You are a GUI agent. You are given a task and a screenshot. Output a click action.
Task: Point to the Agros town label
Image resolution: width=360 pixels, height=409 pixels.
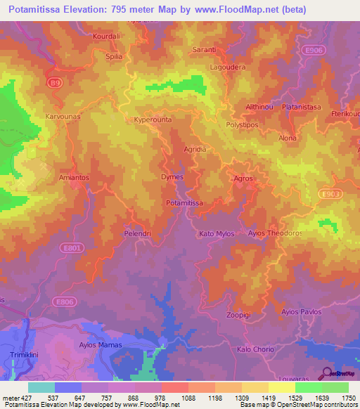243,178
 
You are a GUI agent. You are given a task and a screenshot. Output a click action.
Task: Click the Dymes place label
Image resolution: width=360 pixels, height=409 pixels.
173,178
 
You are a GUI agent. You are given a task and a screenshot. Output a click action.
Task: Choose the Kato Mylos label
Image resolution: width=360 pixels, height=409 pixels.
217,233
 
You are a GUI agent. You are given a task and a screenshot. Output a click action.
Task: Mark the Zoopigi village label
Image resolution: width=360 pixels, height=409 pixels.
239,315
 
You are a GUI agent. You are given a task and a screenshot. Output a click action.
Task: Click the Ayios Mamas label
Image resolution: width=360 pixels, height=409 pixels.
101,345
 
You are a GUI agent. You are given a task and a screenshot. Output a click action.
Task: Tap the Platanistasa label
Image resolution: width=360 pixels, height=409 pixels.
302,107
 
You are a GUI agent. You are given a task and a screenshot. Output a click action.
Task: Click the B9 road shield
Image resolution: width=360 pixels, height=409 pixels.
54,83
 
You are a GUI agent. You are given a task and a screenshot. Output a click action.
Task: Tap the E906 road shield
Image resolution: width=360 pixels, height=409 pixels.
315,50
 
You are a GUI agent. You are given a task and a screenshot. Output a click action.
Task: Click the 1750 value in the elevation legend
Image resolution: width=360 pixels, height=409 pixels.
346,398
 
